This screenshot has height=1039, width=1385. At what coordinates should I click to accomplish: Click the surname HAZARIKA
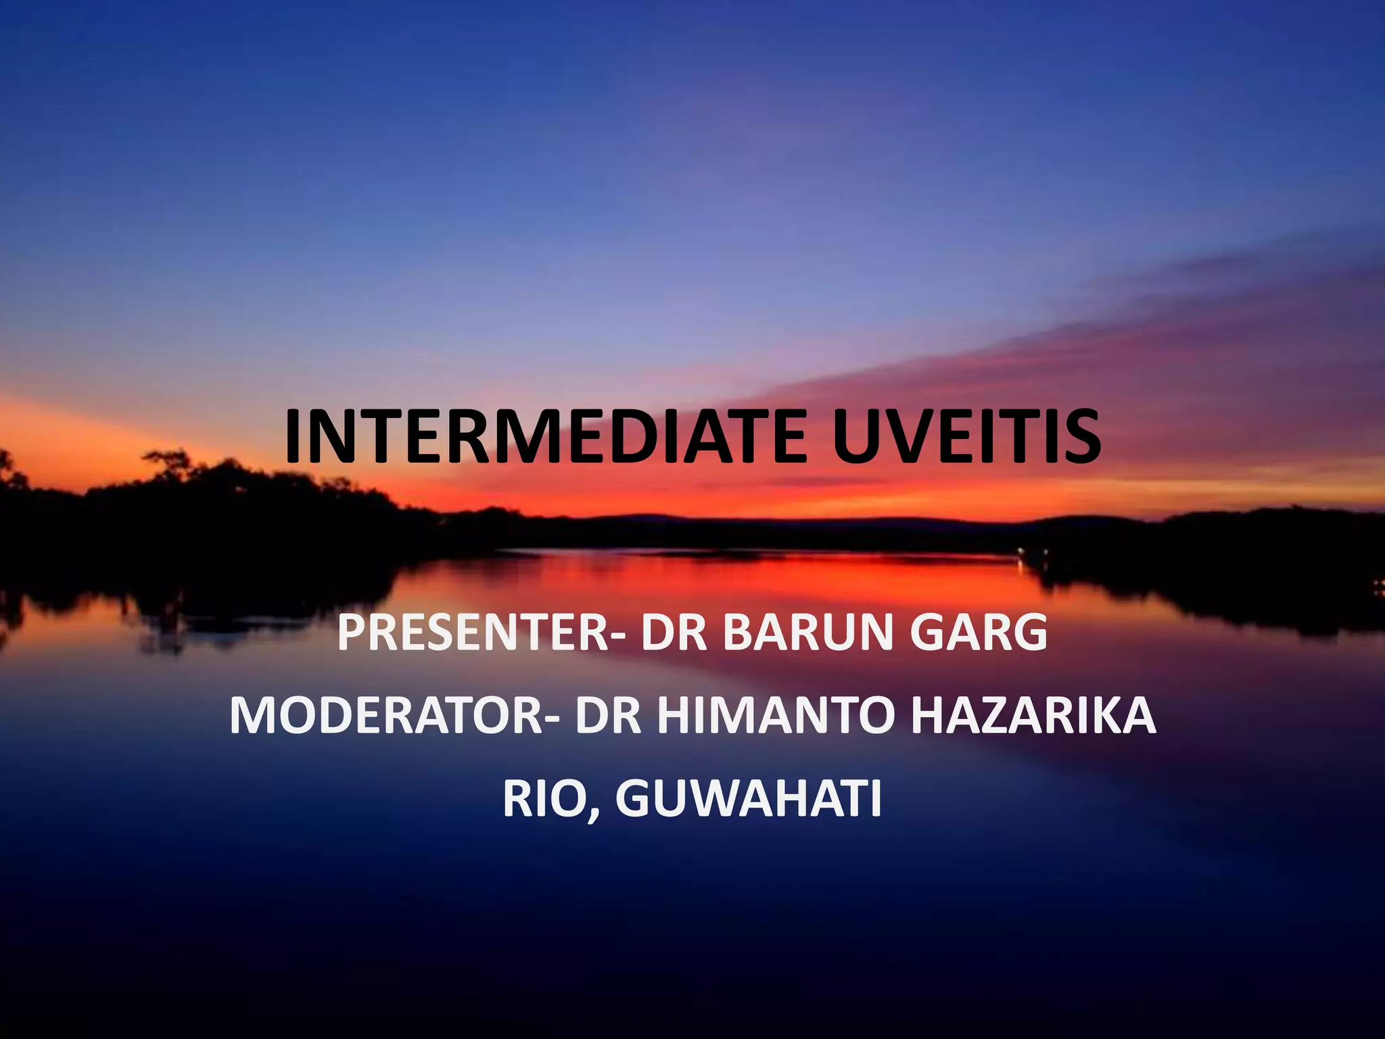1033,716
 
